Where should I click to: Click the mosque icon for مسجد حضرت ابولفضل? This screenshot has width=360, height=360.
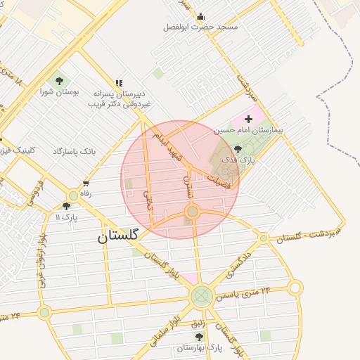click(x=201, y=17)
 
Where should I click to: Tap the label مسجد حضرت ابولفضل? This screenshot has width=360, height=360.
click(x=200, y=27)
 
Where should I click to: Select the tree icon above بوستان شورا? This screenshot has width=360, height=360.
click(x=58, y=81)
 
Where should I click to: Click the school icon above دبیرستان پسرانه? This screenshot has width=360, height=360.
click(x=119, y=83)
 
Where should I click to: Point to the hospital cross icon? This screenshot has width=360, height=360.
click(x=247, y=120)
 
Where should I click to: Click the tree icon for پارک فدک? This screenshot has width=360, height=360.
click(x=238, y=149)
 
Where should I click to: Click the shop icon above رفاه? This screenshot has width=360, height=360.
click(x=86, y=184)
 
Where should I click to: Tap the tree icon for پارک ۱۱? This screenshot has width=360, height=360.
click(x=67, y=206)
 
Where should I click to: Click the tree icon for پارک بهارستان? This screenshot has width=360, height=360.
click(x=199, y=337)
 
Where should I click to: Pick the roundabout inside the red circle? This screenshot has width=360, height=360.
click(x=193, y=211)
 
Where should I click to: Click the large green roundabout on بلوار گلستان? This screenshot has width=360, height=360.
click(x=202, y=296)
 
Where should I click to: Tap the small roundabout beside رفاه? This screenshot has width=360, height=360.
click(x=73, y=195)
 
